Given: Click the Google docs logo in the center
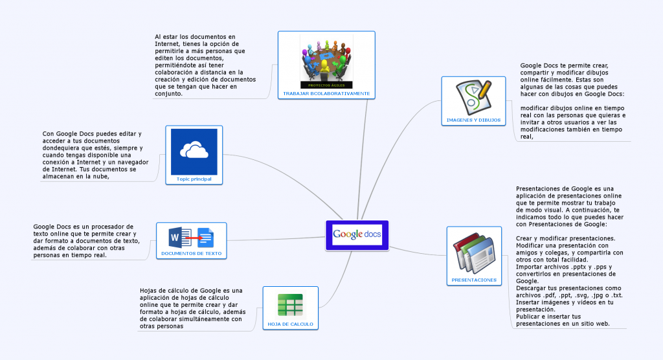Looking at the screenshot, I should click(x=357, y=234).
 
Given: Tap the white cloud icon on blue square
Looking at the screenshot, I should click(x=194, y=151).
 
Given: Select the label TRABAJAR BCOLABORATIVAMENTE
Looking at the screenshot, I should click(x=326, y=93).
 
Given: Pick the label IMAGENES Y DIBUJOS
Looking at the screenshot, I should click(x=473, y=120).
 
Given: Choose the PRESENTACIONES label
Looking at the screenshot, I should click(x=474, y=280).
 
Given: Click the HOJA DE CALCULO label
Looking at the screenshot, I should click(x=290, y=323).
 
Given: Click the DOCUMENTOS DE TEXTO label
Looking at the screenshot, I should click(x=191, y=253).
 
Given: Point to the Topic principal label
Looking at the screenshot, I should click(x=194, y=179).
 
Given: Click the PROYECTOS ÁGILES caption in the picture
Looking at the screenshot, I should click(x=326, y=85).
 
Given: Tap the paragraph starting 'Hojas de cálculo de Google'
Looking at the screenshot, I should click(x=192, y=308).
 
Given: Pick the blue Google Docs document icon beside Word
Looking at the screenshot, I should click(x=205, y=237).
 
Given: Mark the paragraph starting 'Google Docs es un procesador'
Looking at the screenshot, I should click(x=85, y=240).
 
